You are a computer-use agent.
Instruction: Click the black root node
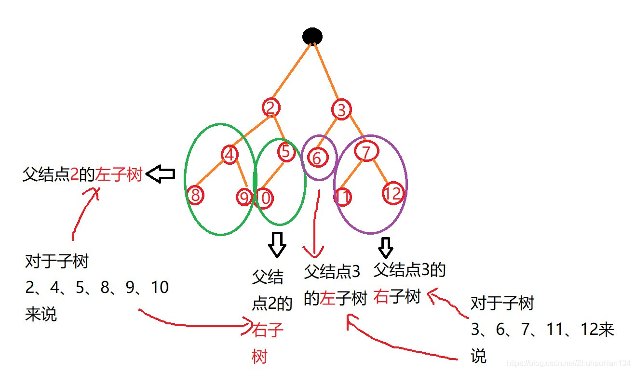tap(312, 36)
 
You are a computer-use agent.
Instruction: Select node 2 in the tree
tap(271, 107)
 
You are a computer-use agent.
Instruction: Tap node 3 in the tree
tap(341, 110)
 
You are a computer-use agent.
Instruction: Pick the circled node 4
tap(230, 155)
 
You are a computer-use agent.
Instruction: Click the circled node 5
tap(286, 152)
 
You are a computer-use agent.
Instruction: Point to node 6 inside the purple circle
tap(316, 158)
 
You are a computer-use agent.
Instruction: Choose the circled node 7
tap(365, 152)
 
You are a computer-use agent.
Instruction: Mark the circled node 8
tap(195, 195)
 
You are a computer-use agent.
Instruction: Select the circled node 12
tap(392, 194)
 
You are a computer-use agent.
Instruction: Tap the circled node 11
tap(343, 196)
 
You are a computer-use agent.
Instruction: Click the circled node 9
tap(244, 197)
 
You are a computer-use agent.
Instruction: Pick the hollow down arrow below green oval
tap(277, 244)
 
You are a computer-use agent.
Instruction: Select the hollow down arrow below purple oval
tap(385, 247)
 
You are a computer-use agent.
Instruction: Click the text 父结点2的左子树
tap(82, 174)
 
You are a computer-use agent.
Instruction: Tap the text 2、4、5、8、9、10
tap(96, 288)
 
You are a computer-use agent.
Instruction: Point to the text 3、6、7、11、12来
tap(542, 330)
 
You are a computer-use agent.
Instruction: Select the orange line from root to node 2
tap(291, 71)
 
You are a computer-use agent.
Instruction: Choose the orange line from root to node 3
tap(327, 72)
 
